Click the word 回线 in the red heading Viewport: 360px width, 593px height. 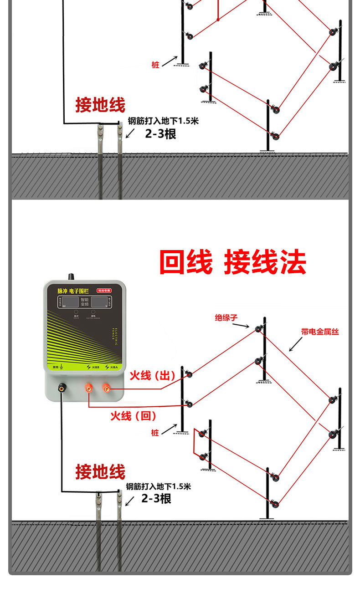tap(186, 262)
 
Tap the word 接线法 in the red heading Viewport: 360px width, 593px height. tap(265, 262)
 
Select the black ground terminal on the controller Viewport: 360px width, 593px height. tap(61, 388)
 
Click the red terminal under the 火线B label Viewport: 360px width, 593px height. tap(88, 388)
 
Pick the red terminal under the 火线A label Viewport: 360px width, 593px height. tap(106, 388)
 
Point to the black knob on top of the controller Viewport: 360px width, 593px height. tap(71, 276)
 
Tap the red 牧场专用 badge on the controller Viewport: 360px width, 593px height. tap(104, 290)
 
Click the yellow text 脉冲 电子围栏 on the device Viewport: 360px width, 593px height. tap(72, 290)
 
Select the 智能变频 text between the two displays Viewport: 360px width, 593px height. tap(85, 303)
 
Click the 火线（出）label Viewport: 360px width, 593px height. tap(152, 376)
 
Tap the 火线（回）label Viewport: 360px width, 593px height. tap(133, 415)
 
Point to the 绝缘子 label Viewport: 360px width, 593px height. tap(226, 317)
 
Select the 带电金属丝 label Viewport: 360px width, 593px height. tap(320, 332)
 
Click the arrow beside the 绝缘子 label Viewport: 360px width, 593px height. tap(243, 324)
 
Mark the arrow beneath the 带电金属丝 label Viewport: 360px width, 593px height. tap(295, 345)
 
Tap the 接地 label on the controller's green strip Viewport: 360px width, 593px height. tap(56, 367)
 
